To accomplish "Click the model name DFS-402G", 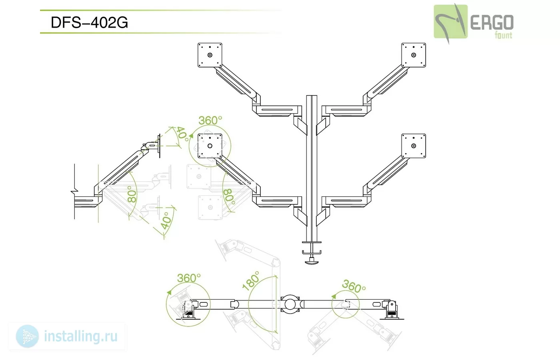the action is [89, 22].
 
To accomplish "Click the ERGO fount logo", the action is [474, 24].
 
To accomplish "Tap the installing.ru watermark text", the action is [80, 336].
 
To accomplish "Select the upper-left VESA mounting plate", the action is [210, 55].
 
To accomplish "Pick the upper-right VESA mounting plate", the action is [414, 55].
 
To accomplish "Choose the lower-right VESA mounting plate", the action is [414, 146].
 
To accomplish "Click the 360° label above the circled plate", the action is [210, 120].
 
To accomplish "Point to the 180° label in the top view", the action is [251, 281].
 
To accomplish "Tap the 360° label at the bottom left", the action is [189, 278].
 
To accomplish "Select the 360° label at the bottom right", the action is [354, 286].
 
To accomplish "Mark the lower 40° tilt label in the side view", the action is [166, 221].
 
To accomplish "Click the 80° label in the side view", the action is [132, 194].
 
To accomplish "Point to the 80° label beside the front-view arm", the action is [229, 197].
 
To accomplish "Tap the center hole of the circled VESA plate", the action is [210, 146].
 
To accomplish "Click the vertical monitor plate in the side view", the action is [159, 146].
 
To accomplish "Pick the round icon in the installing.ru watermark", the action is [27, 336].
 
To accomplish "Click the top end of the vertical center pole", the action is [312, 96].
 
